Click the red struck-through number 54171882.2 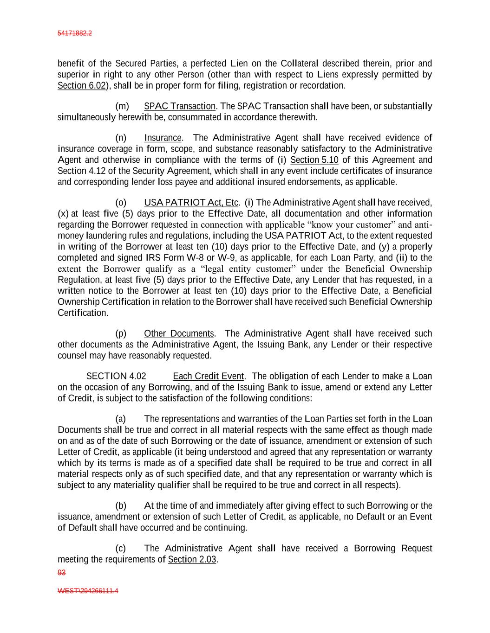(74, 33)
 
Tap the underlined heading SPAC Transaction (180, 107)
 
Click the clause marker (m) (122, 107)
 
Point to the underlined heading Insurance (163, 138)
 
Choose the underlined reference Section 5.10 (314, 160)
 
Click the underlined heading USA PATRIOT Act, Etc (191, 203)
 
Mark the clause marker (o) (121, 203)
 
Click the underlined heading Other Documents (179, 334)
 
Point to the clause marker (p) (121, 334)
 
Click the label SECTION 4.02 (116, 376)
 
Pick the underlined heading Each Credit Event (208, 376)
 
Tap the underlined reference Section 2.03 (192, 560)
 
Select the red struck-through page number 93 (61, 573)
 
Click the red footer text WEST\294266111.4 (88, 591)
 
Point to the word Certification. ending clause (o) (83, 313)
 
